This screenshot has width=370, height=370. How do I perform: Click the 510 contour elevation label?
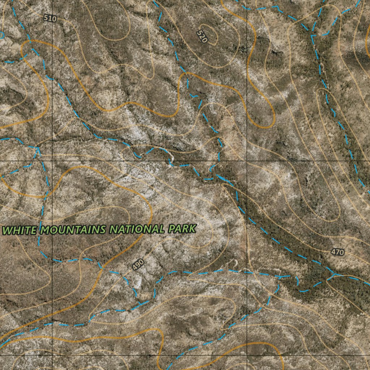click(50, 18)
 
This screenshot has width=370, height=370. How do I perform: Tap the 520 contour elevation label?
click(202, 36)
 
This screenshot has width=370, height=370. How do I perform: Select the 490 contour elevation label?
click(138, 264)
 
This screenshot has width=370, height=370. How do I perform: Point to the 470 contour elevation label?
click(337, 252)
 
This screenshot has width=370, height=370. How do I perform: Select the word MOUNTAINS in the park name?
click(73, 230)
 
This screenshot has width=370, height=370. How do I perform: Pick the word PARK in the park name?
click(182, 228)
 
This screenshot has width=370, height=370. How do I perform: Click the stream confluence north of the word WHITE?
click(38, 147)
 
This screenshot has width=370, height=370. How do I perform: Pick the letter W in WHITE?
click(8, 231)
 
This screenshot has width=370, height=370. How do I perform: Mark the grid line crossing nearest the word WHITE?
click(52, 160)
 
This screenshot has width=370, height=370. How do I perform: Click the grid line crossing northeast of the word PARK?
click(247, 160)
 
